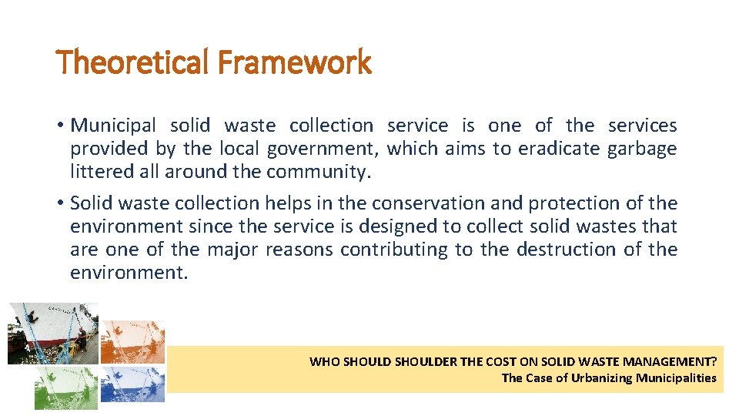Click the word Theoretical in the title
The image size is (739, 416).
(132, 62)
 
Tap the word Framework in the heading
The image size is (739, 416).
(294, 62)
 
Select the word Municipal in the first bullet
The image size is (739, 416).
(113, 126)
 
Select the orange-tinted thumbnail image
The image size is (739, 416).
(132, 341)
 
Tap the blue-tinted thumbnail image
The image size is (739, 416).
(132, 384)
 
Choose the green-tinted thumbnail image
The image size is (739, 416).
(66, 387)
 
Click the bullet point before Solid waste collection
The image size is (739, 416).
(60, 203)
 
